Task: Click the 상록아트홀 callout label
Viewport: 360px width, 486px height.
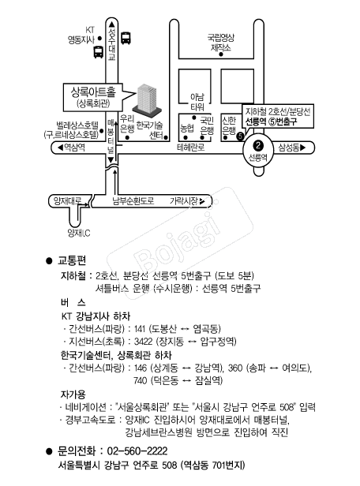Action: (93, 97)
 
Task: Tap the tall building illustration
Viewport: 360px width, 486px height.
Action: (148, 99)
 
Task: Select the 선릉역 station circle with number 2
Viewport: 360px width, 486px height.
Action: (258, 149)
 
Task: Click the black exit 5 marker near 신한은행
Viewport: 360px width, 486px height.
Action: (240, 136)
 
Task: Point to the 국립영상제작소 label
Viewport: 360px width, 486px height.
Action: (221, 43)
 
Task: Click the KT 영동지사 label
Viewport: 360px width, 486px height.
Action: (81, 35)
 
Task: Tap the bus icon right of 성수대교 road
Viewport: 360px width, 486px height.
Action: (126, 38)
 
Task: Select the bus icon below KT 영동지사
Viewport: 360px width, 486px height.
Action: (99, 52)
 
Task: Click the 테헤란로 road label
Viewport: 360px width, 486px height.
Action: (191, 148)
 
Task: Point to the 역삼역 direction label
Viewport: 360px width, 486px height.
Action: (72, 148)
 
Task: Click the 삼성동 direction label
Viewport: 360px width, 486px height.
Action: (292, 148)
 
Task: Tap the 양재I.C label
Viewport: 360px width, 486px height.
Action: (79, 233)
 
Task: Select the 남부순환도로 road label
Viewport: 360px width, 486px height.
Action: (133, 201)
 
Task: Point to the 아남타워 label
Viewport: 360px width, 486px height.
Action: (197, 103)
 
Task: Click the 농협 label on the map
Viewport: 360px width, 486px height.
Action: (187, 128)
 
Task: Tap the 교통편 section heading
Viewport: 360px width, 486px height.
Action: (72, 260)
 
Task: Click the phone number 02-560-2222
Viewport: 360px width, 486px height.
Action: (137, 450)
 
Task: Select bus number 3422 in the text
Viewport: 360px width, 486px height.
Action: (143, 342)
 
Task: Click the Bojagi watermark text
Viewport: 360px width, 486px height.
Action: (180, 243)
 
